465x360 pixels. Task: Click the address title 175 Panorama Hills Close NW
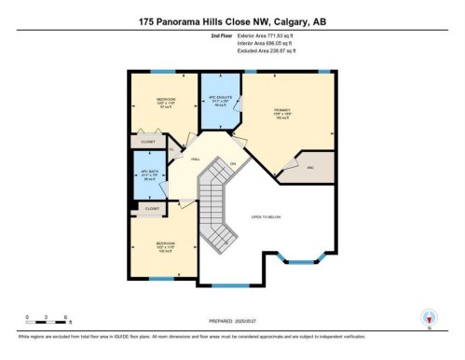click(x=231, y=21)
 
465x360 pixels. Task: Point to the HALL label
click(x=197, y=159)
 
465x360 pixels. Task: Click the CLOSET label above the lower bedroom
click(x=152, y=209)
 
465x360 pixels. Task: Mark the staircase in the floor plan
click(x=219, y=205)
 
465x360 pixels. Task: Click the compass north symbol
click(x=429, y=318)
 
